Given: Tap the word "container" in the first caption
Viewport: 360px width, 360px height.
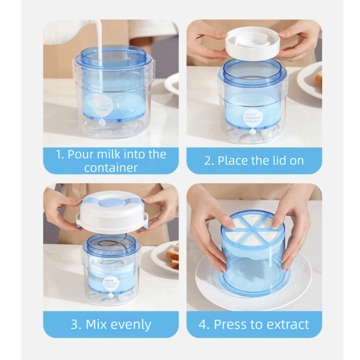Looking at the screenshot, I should (x=112, y=167).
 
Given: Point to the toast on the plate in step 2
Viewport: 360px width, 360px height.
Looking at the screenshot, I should (x=319, y=78).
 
